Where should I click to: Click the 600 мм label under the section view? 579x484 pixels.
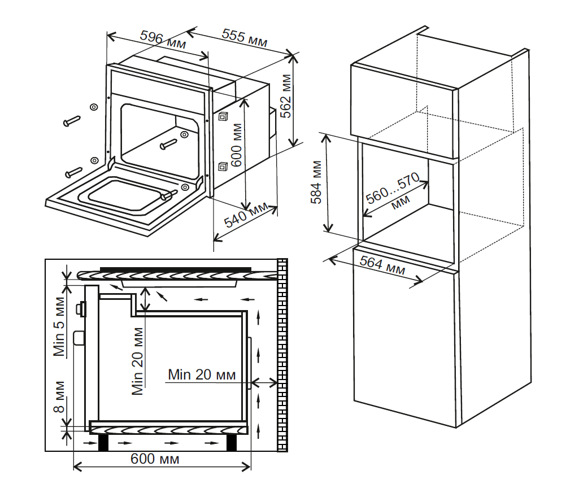click(155, 459)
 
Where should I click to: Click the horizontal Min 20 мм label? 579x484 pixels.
click(202, 374)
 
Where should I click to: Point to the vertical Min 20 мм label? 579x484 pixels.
click(137, 361)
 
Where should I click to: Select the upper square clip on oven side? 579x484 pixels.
click(224, 117)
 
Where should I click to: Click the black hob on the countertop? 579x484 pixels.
click(175, 268)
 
